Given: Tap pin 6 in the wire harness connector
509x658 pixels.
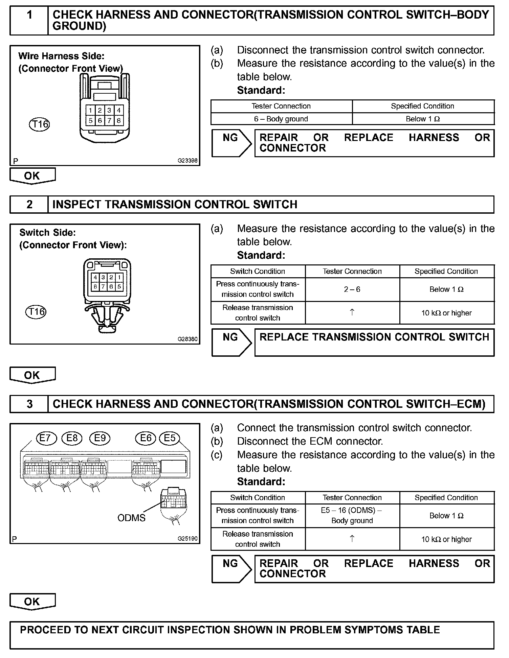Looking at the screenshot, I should [100, 120].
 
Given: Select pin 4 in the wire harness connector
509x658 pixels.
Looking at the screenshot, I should [119, 110].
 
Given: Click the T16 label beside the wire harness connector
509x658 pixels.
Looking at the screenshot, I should [39, 124].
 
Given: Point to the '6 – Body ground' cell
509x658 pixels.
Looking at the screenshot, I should [281, 119].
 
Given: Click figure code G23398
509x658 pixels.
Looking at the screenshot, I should [187, 161].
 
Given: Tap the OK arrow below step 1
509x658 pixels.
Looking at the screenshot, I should [32, 176].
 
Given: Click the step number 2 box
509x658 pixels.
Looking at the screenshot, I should [29, 205].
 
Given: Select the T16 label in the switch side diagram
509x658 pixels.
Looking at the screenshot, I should [36, 311].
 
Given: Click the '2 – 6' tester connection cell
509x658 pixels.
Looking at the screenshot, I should [352, 289].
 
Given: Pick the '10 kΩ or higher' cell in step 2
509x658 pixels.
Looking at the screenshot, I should [446, 313].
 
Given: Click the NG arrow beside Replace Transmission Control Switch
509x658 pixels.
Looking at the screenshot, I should [231, 342].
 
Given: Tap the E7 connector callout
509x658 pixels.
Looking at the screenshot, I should [46, 439].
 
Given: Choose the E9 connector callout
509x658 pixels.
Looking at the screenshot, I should [100, 439].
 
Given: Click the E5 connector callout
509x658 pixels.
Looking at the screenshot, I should [170, 439].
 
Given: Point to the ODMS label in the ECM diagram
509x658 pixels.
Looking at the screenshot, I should [131, 518].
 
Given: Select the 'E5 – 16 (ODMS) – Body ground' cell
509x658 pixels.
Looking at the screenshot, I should [352, 516].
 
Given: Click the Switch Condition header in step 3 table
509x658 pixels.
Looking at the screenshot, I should [258, 498].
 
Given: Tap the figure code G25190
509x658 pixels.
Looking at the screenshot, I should [187, 539].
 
